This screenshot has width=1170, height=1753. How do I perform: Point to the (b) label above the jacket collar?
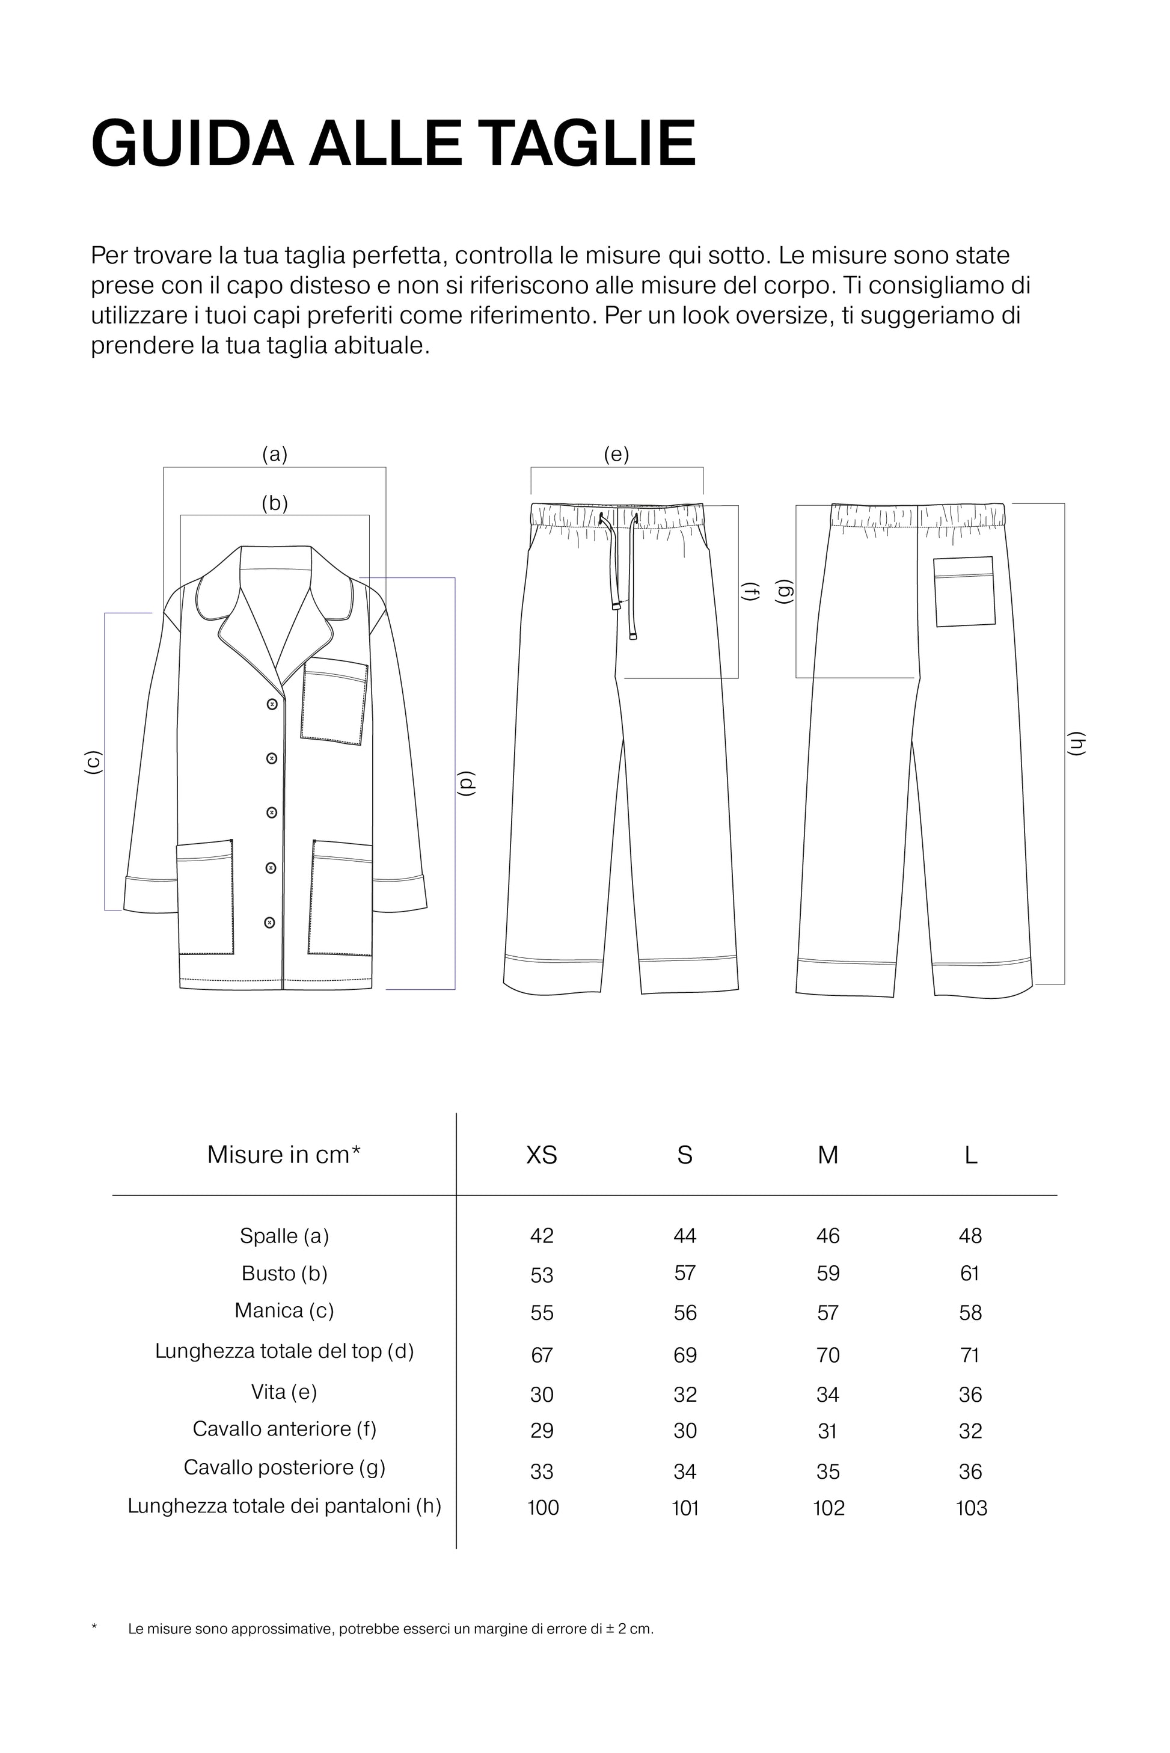pyautogui.click(x=275, y=504)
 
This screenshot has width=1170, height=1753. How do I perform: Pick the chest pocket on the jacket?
pyautogui.click(x=334, y=702)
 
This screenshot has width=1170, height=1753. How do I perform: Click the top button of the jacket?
pyautogui.click(x=272, y=704)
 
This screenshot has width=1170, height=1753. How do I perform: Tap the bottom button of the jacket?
pyautogui.click(x=270, y=923)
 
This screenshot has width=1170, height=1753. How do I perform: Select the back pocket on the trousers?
pyautogui.click(x=964, y=592)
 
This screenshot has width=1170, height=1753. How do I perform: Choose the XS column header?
pyautogui.click(x=542, y=1155)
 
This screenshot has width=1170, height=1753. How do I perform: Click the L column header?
pyautogui.click(x=970, y=1155)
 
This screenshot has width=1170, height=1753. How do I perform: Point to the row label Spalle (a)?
pyautogui.click(x=284, y=1236)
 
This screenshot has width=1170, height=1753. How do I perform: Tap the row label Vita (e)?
pyautogui.click(x=284, y=1392)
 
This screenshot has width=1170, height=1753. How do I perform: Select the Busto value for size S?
pyautogui.click(x=685, y=1273)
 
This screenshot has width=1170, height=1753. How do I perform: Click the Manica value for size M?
pyautogui.click(x=827, y=1313)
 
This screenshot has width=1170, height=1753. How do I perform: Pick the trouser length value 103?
pyautogui.click(x=971, y=1508)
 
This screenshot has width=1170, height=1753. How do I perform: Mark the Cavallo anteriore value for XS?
pyautogui.click(x=542, y=1431)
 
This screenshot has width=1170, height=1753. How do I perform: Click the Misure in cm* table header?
pyautogui.click(x=284, y=1155)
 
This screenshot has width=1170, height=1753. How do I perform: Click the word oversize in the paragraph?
pyautogui.click(x=781, y=316)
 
